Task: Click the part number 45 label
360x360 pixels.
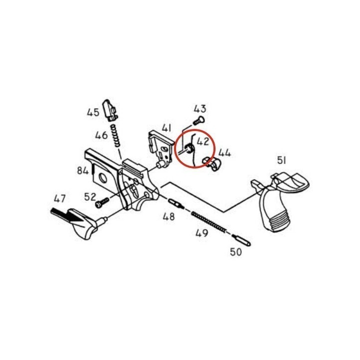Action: (93, 112)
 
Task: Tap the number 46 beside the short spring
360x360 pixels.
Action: (101, 135)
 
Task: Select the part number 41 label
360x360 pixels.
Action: (166, 128)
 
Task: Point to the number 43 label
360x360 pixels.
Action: (200, 109)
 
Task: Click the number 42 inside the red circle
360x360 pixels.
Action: (203, 141)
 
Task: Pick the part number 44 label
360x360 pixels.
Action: (224, 152)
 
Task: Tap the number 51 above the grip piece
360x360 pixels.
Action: (281, 160)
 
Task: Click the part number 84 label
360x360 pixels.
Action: (82, 170)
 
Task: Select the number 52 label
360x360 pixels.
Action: (90, 197)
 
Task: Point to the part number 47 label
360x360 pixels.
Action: (59, 198)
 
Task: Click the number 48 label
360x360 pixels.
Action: (169, 216)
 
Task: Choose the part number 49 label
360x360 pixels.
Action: (202, 233)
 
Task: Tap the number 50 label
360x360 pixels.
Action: (236, 252)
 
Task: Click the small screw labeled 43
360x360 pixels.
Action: (199, 120)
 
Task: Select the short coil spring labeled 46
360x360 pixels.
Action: (116, 135)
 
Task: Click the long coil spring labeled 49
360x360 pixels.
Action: (209, 222)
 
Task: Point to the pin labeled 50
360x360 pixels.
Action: (241, 240)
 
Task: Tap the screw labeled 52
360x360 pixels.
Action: (101, 203)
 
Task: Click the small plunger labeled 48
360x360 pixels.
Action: (176, 204)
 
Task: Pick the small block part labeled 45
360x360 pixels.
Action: (110, 110)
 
